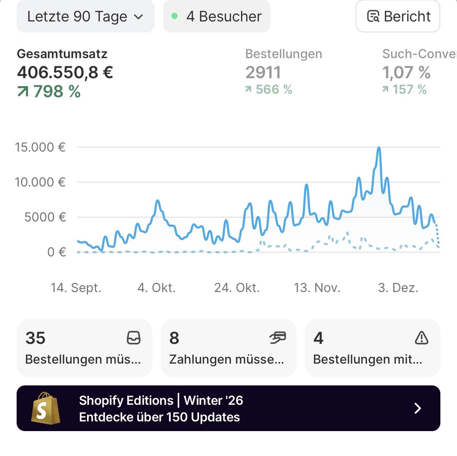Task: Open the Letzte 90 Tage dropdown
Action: (85, 16)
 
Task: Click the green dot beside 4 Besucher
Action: (175, 16)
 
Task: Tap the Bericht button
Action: (398, 16)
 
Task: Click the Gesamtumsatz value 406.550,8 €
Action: (65, 73)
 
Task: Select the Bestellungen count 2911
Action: (263, 73)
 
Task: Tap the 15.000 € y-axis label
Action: (40, 148)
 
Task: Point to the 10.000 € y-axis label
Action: (40, 182)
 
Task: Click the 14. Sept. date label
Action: (76, 288)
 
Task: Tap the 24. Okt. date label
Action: (237, 288)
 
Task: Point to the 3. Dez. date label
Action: (399, 288)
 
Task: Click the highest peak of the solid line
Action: (379, 148)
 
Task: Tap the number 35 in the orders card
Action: (36, 338)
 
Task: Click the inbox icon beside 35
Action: (133, 338)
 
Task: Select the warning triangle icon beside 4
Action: (421, 338)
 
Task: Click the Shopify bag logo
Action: (46, 408)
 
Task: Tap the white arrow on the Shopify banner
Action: (417, 408)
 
